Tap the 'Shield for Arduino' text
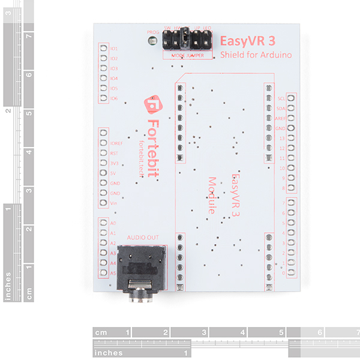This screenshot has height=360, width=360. pos(256,55)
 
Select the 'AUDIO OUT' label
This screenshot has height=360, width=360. pos(143,238)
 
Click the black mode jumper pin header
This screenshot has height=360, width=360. pos(187,41)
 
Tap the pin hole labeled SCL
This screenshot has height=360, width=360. pos(292,98)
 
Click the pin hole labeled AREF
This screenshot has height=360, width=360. pos(292,118)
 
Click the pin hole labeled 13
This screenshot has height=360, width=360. pos(292,138)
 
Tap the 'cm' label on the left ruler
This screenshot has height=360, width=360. pos(28,293)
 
